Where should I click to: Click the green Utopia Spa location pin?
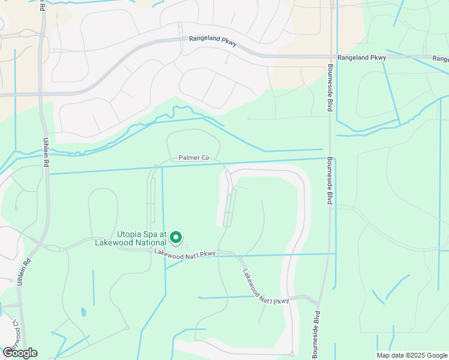tap(176, 238)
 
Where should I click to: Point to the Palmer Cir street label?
tap(193, 158)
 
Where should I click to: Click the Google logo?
tap(20, 353)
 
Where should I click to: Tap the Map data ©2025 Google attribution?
tap(411, 355)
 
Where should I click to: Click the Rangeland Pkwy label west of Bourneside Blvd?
tap(213, 39)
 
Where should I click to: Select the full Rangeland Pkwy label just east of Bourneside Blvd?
tap(361, 58)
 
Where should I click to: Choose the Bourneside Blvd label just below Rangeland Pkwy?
tap(330, 86)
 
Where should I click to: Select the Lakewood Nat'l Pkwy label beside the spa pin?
tap(184, 254)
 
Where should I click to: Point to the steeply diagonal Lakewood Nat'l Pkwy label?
tap(266, 287)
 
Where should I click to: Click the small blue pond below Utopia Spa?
tap(83, 312)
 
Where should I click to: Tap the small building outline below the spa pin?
tap(184, 248)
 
